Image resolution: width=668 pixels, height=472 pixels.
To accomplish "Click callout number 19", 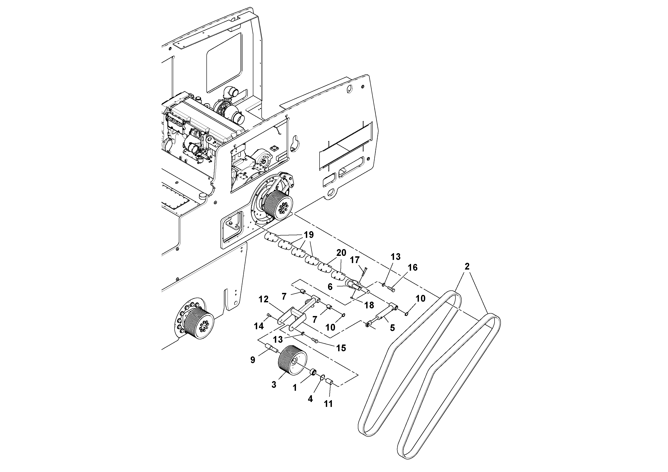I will tap(309, 235).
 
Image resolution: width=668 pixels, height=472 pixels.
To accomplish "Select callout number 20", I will tap(341, 253).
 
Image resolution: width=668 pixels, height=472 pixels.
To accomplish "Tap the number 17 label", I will tap(355, 260).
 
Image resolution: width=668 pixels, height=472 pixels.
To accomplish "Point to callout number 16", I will tap(413, 268).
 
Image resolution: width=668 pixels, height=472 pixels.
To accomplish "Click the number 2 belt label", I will tap(467, 267).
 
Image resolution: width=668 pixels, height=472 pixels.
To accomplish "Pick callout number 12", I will tap(264, 299).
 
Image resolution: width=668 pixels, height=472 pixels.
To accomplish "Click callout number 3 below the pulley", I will tap(274, 385).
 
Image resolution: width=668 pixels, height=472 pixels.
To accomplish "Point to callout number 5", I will tap(392, 328).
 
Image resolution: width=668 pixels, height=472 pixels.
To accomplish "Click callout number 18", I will tap(369, 305).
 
